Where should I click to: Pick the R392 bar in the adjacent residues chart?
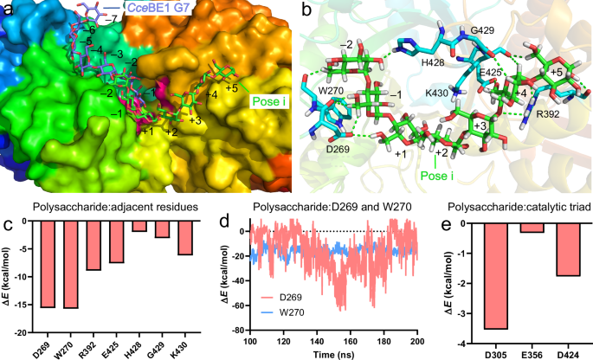[93, 247]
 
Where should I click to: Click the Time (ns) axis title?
[332, 353]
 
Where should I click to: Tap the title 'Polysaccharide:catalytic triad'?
[514, 207]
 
